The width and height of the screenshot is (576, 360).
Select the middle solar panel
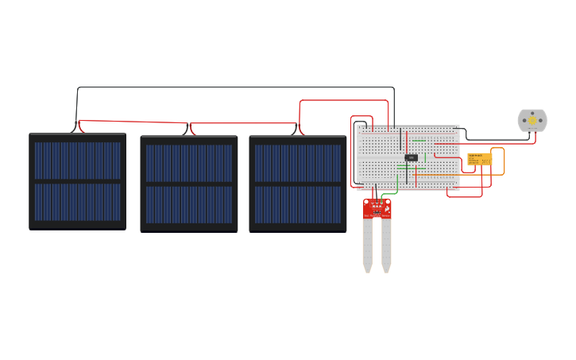click(189, 184)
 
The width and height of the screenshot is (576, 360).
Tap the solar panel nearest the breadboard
click(298, 184)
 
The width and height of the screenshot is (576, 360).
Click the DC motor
click(532, 120)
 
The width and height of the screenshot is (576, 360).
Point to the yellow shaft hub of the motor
click(532, 120)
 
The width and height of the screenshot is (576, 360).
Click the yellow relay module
click(480, 159)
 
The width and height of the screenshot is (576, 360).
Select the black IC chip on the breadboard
click(411, 157)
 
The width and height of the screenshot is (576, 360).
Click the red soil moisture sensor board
click(377, 209)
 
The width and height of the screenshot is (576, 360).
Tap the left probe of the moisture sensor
click(368, 245)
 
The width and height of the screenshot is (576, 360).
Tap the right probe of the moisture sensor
click(386, 245)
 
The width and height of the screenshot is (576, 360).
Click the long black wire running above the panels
click(238, 87)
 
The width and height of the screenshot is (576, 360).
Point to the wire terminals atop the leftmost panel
click(79, 127)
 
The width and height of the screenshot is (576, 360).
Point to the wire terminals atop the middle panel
click(189, 129)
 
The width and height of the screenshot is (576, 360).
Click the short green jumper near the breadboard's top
click(419, 141)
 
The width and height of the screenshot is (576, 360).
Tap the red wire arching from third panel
click(342, 101)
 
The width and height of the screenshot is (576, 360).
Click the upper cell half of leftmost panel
click(77, 160)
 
